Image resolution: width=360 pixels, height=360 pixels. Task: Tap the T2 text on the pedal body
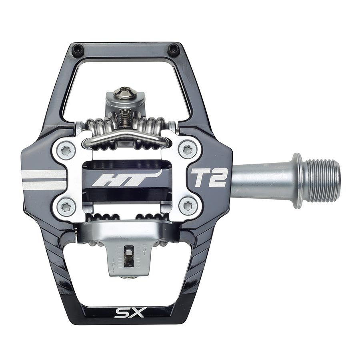point(209,177)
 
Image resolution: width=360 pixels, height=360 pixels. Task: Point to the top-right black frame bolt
point(173,49)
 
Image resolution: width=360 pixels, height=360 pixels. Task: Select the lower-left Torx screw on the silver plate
point(66,207)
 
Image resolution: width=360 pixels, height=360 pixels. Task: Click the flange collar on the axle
point(298,180)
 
